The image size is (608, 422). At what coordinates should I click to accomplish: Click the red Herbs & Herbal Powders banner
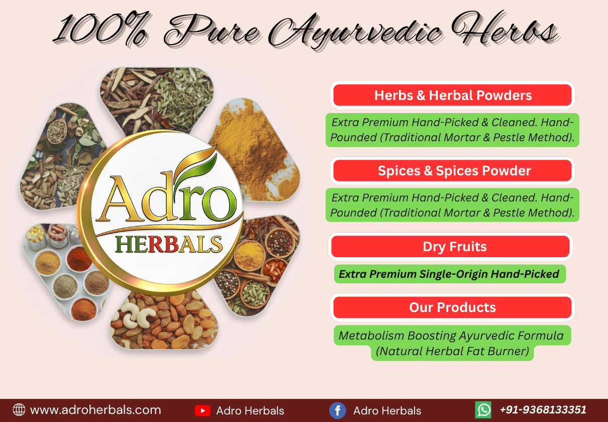[452, 95]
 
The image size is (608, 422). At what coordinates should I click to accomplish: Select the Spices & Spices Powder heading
[454, 171]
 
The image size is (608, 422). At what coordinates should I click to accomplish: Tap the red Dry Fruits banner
[450, 246]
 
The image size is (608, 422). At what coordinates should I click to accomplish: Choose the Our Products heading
[452, 307]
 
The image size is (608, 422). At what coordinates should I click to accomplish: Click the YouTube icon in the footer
[202, 410]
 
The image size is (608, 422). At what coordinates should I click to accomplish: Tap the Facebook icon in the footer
[337, 410]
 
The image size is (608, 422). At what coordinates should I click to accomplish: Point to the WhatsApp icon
[483, 410]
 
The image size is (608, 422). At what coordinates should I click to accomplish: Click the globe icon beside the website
[19, 410]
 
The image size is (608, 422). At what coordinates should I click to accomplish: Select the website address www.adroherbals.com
[95, 410]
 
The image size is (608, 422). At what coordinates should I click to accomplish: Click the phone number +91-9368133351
[543, 409]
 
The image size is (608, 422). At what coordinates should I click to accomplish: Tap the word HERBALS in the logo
[169, 244]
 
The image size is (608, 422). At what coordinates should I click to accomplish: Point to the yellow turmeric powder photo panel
[256, 151]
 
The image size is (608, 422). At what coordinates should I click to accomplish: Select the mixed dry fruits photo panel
[164, 320]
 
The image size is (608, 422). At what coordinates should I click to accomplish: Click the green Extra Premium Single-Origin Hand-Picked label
[450, 274]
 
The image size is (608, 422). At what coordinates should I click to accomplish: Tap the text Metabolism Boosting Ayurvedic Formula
[451, 336]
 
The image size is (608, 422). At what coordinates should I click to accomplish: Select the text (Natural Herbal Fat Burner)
[452, 351]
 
